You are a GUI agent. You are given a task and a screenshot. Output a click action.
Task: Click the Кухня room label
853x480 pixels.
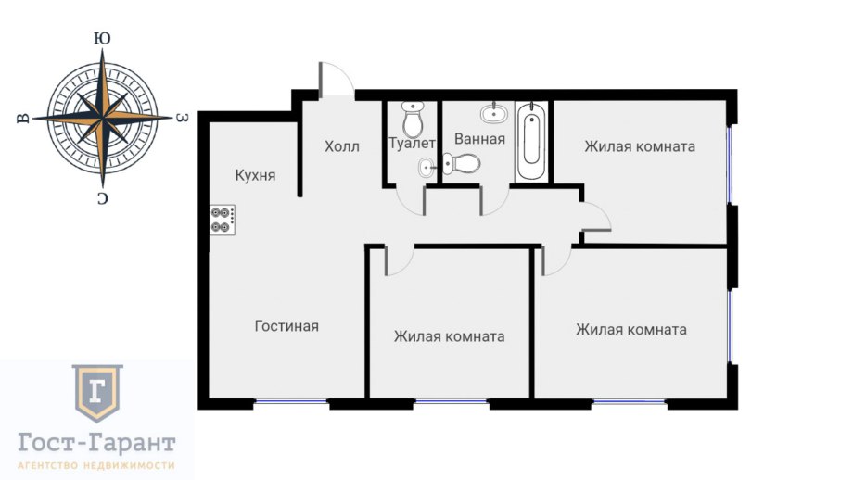pyautogui.click(x=255, y=175)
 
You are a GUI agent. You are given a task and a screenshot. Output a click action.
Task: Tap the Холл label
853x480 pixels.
pyautogui.click(x=342, y=146)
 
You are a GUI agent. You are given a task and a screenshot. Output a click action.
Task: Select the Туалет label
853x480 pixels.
pyautogui.click(x=412, y=144)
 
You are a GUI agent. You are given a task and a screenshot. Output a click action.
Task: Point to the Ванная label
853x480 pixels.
pyautogui.click(x=480, y=139)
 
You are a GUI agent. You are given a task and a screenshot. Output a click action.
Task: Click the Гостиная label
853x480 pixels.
pyautogui.click(x=286, y=326)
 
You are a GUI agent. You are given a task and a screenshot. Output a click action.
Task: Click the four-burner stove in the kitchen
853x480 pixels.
pyautogui.click(x=223, y=220)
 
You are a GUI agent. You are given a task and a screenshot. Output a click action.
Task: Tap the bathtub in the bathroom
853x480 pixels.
pyautogui.click(x=531, y=141)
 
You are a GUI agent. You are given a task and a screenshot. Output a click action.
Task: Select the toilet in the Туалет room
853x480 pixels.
pyautogui.click(x=414, y=119)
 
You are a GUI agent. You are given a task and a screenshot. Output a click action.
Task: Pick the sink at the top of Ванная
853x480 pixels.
pyautogui.click(x=494, y=113)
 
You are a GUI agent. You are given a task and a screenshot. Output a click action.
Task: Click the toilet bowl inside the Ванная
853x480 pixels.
pyautogui.click(x=461, y=163)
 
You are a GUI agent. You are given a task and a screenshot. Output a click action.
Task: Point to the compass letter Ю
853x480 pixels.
pyautogui.click(x=102, y=38)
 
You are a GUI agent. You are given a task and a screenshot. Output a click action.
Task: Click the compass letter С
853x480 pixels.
pyautogui.click(x=102, y=199)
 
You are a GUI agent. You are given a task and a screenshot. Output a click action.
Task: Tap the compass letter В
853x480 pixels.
pyautogui.click(x=23, y=118)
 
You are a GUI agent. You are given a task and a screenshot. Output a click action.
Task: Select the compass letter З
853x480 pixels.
pyautogui.click(x=183, y=118)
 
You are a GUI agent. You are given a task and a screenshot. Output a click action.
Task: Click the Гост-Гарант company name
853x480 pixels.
pyautogui.click(x=96, y=443)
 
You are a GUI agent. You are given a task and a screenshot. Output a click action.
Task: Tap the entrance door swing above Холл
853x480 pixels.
pyautogui.click(x=337, y=80)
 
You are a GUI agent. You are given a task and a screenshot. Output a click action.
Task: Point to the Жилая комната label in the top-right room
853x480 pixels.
pyautogui.click(x=640, y=146)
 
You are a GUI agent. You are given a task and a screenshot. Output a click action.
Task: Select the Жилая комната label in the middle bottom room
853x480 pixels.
pyautogui.click(x=450, y=336)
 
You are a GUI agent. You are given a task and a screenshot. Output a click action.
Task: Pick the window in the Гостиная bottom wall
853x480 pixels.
pyautogui.click(x=291, y=402)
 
